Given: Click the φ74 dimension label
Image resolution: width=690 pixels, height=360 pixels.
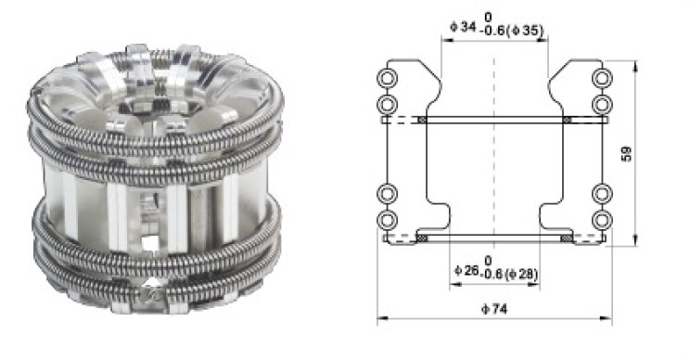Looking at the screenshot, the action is (494, 309).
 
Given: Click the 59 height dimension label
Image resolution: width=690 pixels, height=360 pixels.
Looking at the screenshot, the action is (627, 153).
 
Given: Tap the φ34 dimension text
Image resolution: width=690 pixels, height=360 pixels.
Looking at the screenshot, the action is (464, 27).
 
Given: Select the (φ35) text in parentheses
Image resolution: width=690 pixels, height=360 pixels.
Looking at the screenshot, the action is (525, 31).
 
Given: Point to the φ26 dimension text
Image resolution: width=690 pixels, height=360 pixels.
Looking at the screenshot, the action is (466, 270).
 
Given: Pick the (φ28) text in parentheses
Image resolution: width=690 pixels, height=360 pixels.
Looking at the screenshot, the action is (521, 275).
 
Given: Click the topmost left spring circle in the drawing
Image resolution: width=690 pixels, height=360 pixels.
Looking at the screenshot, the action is (388, 78).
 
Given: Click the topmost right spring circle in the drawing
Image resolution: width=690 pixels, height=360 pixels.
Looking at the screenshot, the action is (602, 78).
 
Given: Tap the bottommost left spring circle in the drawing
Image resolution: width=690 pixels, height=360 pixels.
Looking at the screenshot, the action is (388, 220).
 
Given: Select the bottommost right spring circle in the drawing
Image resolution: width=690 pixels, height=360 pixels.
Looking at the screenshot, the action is (602, 220).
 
